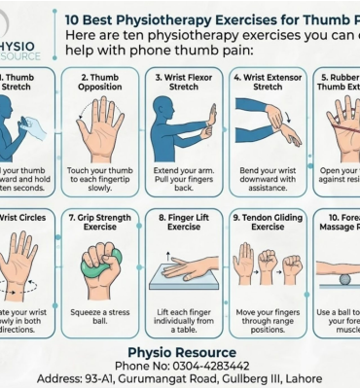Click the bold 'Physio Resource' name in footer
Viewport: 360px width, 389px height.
coord(182,351)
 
